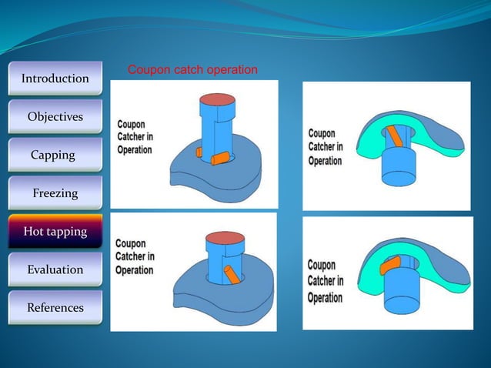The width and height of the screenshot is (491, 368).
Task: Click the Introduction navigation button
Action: coord(55,79)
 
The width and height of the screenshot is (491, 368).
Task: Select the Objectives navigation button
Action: coord(55,117)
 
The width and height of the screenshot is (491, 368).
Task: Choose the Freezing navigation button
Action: coord(55,193)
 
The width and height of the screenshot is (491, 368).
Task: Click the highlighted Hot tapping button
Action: coord(55,232)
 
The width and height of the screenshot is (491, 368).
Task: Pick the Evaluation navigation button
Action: coord(55,269)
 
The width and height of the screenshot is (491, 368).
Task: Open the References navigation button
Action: coord(55,308)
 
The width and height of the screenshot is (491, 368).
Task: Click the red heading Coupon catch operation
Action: coord(192,70)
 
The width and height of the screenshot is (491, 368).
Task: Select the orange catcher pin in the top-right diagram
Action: coord(394,135)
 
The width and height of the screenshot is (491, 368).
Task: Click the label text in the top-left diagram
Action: coord(135,137)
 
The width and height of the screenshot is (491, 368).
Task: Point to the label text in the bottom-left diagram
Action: coord(135,257)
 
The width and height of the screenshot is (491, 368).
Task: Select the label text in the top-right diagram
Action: coord(325,147)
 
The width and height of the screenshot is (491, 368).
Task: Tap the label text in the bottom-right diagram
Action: coord(325,280)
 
